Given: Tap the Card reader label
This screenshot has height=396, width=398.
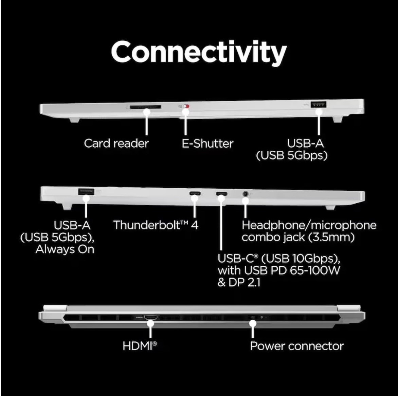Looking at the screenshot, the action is (116, 143).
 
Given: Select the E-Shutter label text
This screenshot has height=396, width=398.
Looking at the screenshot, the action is (207, 144).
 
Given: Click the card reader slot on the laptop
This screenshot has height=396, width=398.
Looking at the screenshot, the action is (145, 107).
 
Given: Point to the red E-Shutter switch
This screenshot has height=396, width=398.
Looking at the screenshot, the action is (186, 107).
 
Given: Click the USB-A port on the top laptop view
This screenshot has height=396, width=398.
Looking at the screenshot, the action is (318, 104).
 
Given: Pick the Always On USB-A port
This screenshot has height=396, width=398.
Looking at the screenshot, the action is (86, 191).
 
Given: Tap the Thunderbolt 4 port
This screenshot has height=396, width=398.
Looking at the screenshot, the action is (195, 194).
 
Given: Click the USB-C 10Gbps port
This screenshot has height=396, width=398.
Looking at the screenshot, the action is (222, 194).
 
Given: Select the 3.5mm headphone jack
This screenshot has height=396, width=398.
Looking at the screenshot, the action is (245, 194).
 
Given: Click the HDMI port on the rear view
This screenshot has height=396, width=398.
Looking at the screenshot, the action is (151, 317).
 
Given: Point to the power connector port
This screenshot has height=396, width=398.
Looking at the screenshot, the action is (253, 317).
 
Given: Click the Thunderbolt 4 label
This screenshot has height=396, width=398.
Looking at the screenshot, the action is (156, 225).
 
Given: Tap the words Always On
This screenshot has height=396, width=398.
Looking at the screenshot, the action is (65, 249).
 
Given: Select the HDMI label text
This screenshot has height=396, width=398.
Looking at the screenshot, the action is (140, 346).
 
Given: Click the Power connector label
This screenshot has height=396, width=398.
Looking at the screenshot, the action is (297, 346).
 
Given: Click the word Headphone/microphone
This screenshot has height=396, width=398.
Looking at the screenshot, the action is (309, 225).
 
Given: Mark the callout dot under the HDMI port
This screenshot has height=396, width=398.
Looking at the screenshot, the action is (151, 323).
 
